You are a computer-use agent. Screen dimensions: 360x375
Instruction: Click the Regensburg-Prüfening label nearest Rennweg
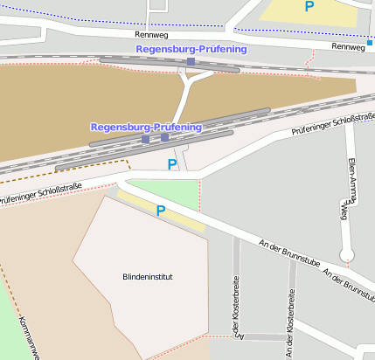click(x=191, y=49)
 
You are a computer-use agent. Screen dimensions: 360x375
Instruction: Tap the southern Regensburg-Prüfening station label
click(x=146, y=127)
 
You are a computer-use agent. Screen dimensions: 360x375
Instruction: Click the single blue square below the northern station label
click(x=191, y=62)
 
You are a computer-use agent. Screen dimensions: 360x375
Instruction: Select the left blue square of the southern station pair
click(x=146, y=139)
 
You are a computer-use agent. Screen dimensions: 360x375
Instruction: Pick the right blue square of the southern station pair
click(x=164, y=137)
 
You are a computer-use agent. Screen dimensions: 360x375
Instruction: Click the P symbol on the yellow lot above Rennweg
click(x=309, y=6)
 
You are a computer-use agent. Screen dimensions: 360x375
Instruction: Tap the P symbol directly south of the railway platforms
click(x=172, y=163)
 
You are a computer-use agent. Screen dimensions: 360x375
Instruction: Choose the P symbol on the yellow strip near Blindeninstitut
click(x=160, y=210)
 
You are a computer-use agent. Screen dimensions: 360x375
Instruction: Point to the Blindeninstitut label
click(x=148, y=277)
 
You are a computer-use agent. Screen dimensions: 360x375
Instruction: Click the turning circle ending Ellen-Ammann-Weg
click(x=347, y=255)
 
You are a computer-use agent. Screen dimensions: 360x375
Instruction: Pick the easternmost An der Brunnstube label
click(x=350, y=280)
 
